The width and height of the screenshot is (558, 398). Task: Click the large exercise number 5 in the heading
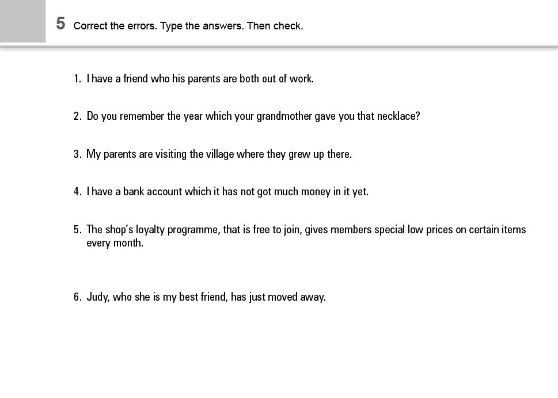[60, 24]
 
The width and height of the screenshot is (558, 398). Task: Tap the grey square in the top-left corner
[22, 21]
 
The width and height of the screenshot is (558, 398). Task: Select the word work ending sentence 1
[301, 79]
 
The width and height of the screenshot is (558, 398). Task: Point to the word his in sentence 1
[179, 79]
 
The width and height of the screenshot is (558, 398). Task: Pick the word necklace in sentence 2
[398, 116]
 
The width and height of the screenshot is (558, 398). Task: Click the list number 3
[77, 154]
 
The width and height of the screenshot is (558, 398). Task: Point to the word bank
[134, 192]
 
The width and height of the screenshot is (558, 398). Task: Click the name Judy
[97, 298]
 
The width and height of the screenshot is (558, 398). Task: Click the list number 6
[77, 298]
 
